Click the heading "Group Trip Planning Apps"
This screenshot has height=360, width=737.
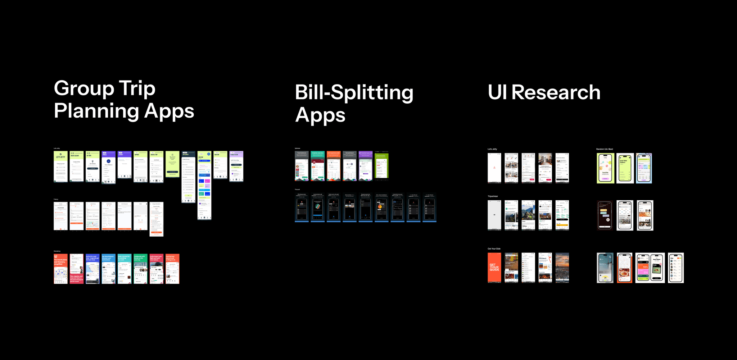pyautogui.click(x=124, y=99)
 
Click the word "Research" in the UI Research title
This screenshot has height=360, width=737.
pyautogui.click(x=556, y=92)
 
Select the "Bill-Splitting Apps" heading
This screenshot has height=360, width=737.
pyautogui.click(x=354, y=104)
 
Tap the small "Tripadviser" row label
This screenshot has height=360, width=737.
pyautogui.click(x=493, y=196)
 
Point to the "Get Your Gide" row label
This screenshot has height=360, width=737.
pyautogui.click(x=494, y=249)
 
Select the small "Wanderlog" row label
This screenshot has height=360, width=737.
pyautogui.click(x=57, y=251)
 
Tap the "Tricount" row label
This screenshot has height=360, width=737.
pyautogui.click(x=297, y=190)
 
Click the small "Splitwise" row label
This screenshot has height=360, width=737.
pyautogui.click(x=297, y=149)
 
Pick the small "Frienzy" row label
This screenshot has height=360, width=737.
pyautogui.click(x=56, y=199)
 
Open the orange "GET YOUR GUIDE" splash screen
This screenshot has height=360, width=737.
pyautogui.click(x=494, y=268)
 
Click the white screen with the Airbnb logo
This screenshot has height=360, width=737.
pyautogui.click(x=494, y=168)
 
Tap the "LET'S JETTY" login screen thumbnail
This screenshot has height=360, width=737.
pyautogui.click(x=60, y=167)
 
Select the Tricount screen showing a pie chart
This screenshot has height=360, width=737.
pyautogui.click(x=381, y=208)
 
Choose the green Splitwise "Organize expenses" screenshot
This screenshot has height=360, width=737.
pyautogui.click(x=317, y=166)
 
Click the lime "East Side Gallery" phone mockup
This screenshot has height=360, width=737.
pyautogui.click(x=625, y=168)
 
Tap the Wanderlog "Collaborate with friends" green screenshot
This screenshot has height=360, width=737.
pyautogui.click(x=140, y=269)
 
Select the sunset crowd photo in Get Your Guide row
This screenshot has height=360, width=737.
pyautogui.click(x=562, y=268)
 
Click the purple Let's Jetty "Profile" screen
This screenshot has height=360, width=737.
pyautogui.click(x=108, y=167)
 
